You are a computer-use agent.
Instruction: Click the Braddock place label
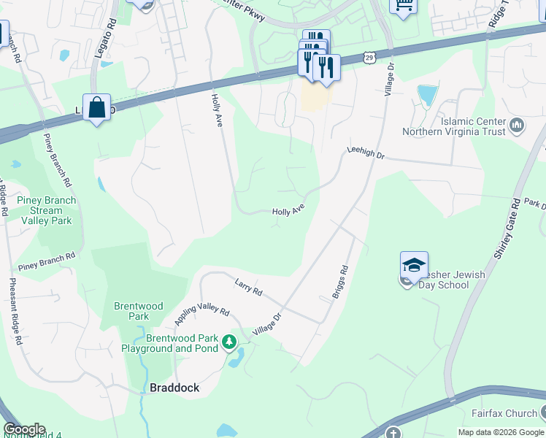pos(174,388)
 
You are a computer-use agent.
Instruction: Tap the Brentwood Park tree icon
pos(229,342)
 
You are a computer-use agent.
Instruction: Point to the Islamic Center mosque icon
pos(518,126)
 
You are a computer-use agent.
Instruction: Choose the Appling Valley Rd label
pos(202,316)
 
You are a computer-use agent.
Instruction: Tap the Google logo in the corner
pos(24,429)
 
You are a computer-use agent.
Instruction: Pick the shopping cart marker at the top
pos(402,4)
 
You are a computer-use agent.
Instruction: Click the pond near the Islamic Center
pos(426,95)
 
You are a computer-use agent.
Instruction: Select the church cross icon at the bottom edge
pos(393,433)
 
